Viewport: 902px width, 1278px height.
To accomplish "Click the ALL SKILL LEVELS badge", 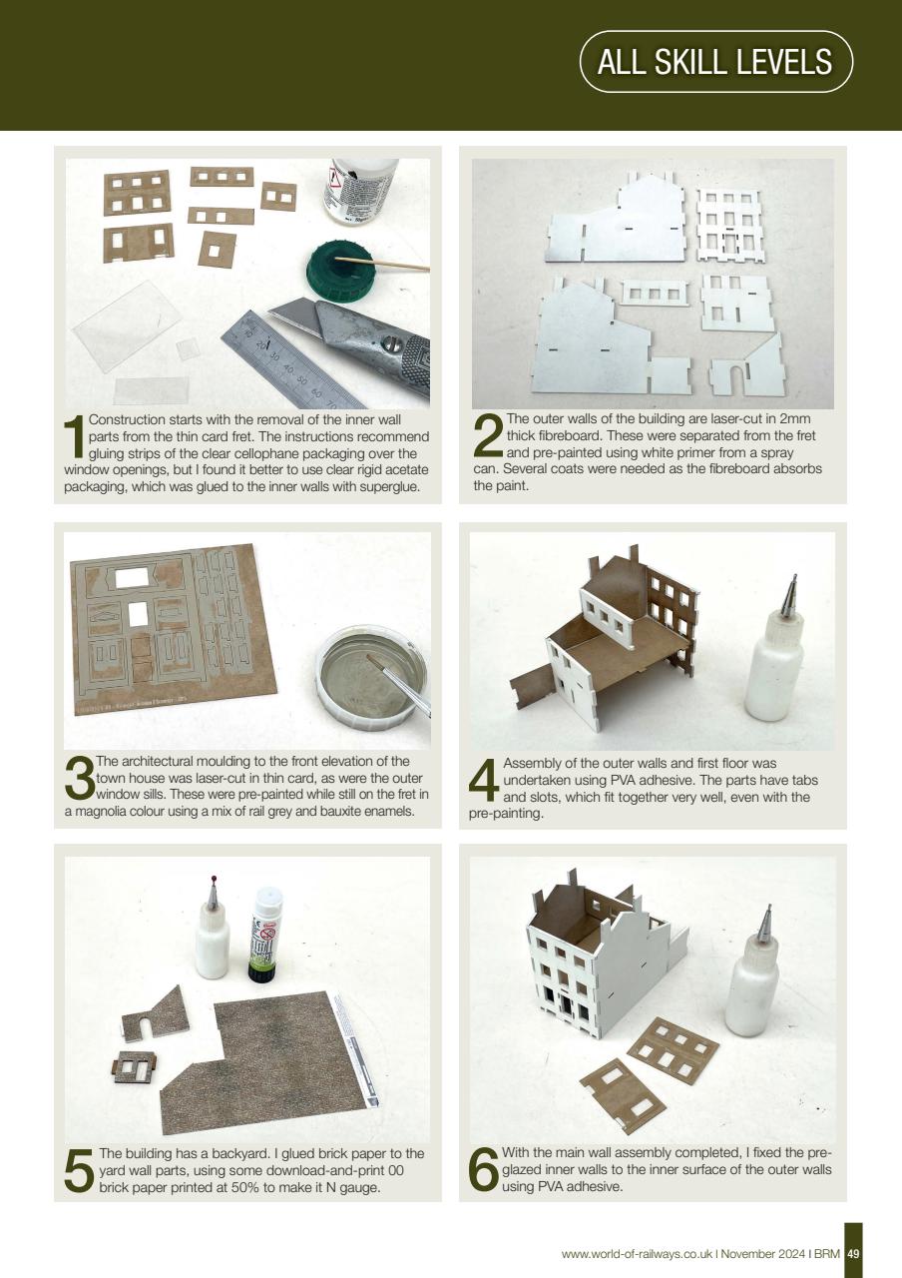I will (x=714, y=62).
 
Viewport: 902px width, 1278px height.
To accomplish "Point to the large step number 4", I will (x=484, y=783).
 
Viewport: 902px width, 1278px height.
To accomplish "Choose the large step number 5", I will (x=79, y=1170).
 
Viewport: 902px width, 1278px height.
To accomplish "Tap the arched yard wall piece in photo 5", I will (x=156, y=1013).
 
